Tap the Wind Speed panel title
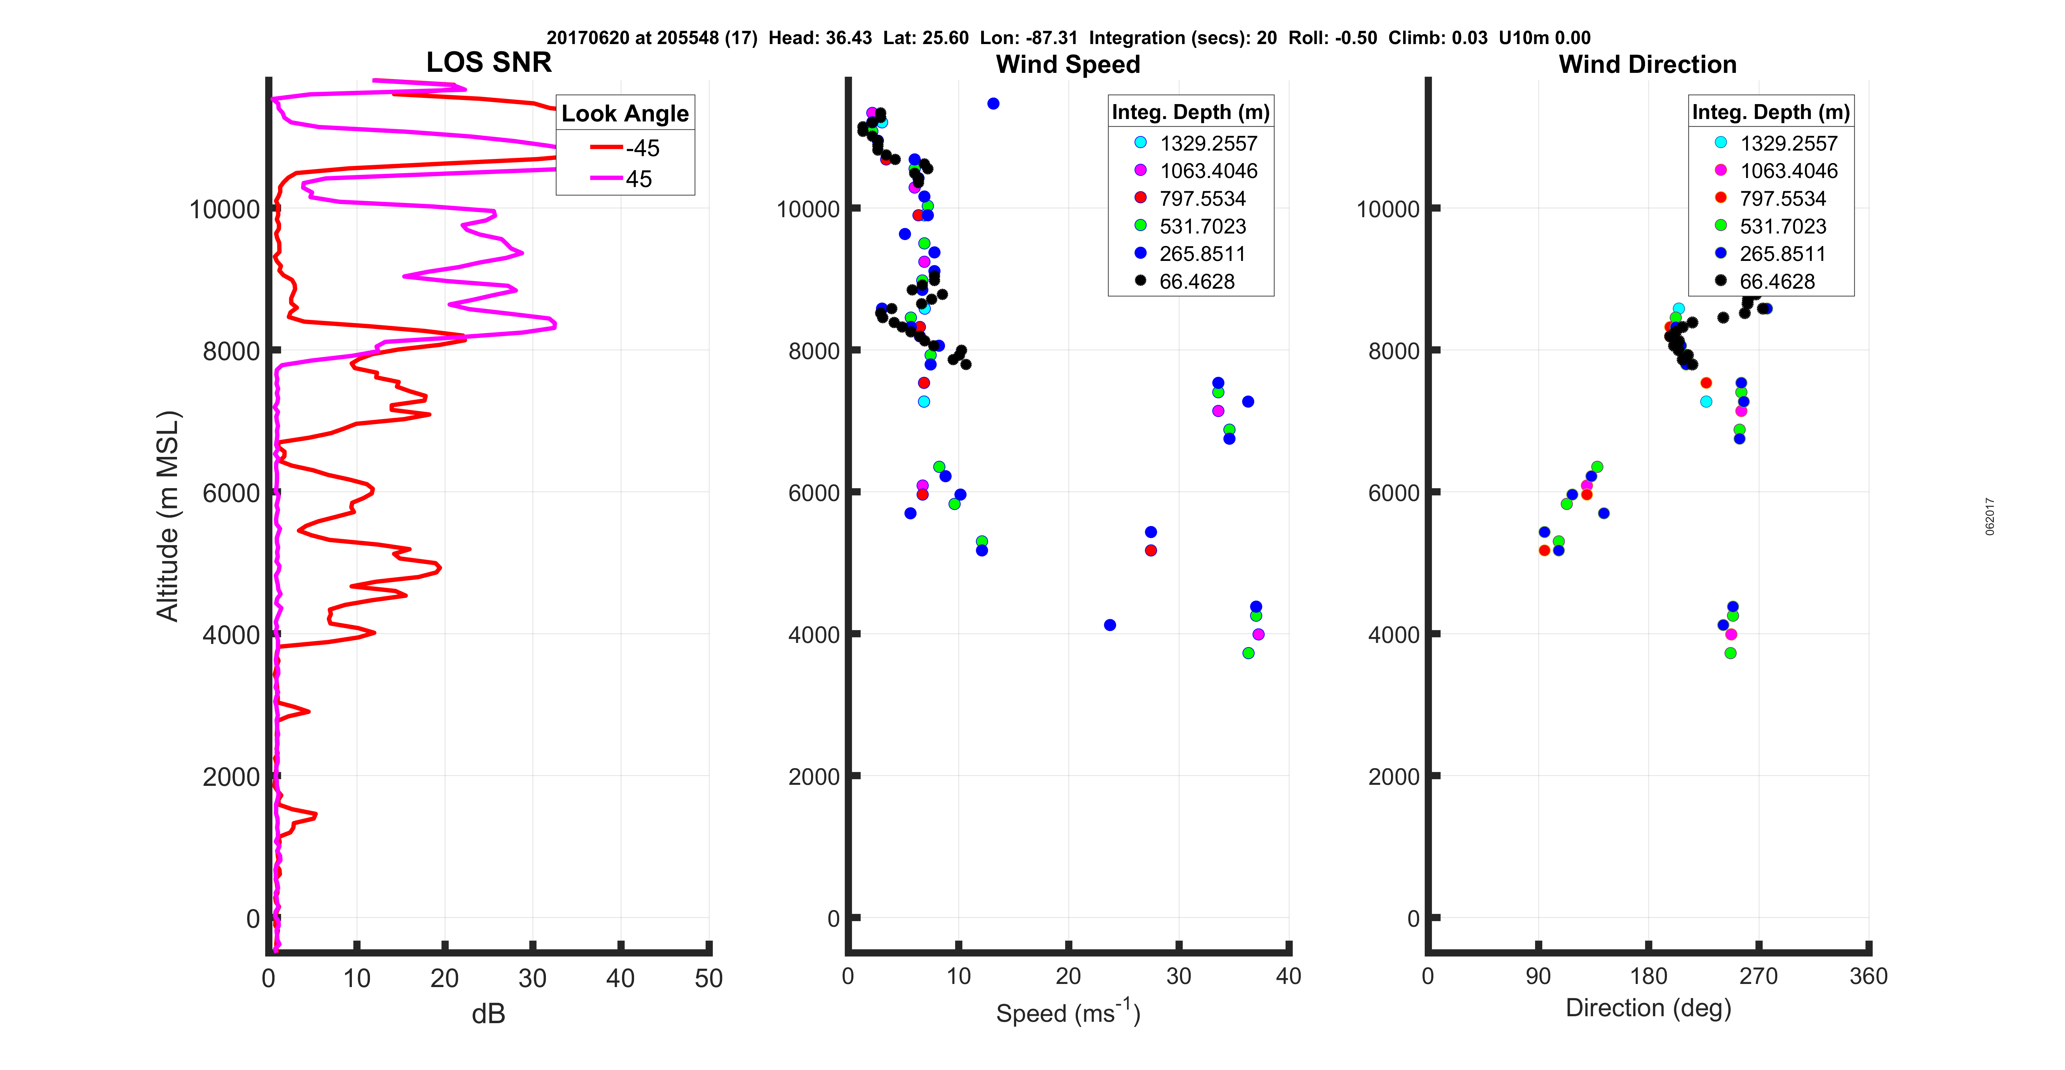coord(1068,64)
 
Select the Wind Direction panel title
coord(1647,64)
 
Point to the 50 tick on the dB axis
coord(709,978)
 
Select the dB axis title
coord(488,1014)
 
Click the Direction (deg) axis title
coord(1648,1008)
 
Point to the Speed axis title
coord(1068,1012)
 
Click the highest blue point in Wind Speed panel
coord(993,103)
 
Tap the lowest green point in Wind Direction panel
coord(1730,653)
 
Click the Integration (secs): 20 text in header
coord(1182,38)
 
